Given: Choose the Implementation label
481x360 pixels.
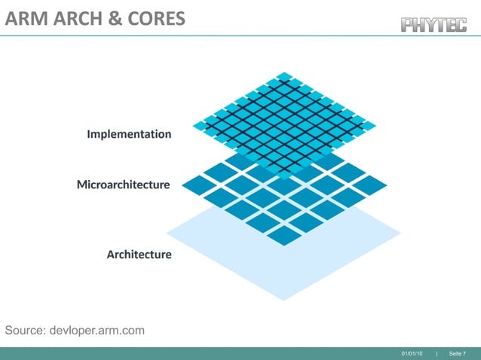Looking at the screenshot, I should click(x=129, y=134).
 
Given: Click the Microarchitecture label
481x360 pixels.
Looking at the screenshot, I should click(x=123, y=184).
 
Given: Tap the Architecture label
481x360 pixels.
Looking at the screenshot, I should click(x=139, y=254).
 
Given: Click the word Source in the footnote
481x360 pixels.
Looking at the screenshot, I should click(x=25, y=331).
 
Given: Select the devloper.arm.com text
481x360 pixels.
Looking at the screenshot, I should click(x=96, y=331).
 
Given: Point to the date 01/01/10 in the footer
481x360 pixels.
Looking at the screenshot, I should click(x=412, y=353).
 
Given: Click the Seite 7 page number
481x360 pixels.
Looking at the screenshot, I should click(x=457, y=353).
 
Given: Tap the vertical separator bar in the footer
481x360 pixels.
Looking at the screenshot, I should click(x=437, y=353).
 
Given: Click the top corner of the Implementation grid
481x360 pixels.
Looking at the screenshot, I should click(x=284, y=75).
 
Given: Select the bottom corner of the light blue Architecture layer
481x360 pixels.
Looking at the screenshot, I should click(x=283, y=299).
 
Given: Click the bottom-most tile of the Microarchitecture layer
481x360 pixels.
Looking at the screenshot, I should click(x=283, y=236).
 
